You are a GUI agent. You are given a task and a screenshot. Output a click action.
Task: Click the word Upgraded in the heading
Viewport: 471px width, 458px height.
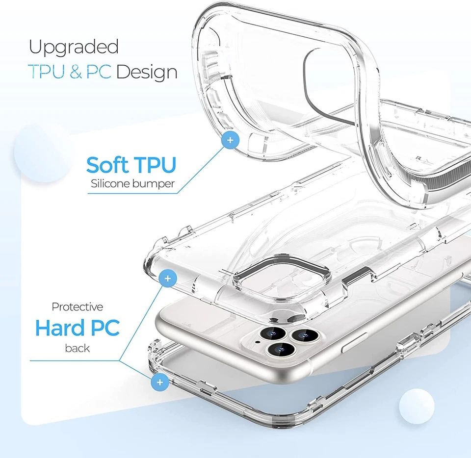(x=74, y=48)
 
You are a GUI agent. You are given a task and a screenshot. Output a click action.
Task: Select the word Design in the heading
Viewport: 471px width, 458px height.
(x=147, y=72)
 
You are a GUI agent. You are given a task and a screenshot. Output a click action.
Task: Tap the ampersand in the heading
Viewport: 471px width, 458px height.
(x=76, y=72)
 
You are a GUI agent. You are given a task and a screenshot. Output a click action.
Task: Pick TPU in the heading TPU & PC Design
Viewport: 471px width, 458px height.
(x=47, y=72)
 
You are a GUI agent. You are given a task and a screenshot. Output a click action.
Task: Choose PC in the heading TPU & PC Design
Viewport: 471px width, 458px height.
(x=99, y=72)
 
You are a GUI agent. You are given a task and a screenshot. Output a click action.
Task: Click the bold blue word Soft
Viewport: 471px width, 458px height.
(x=106, y=165)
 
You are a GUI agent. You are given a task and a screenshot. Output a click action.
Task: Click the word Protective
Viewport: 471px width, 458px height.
(x=78, y=307)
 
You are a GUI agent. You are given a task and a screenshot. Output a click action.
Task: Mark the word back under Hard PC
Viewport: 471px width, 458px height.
(x=78, y=348)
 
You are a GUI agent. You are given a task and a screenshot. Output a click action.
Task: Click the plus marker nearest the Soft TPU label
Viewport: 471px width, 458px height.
(x=230, y=140)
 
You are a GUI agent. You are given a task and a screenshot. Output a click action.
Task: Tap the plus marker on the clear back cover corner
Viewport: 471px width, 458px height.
(x=168, y=279)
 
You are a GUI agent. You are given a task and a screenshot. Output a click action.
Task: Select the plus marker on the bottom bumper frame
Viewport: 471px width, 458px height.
(x=159, y=381)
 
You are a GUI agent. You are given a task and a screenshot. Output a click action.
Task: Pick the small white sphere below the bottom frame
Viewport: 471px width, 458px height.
(x=417, y=404)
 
